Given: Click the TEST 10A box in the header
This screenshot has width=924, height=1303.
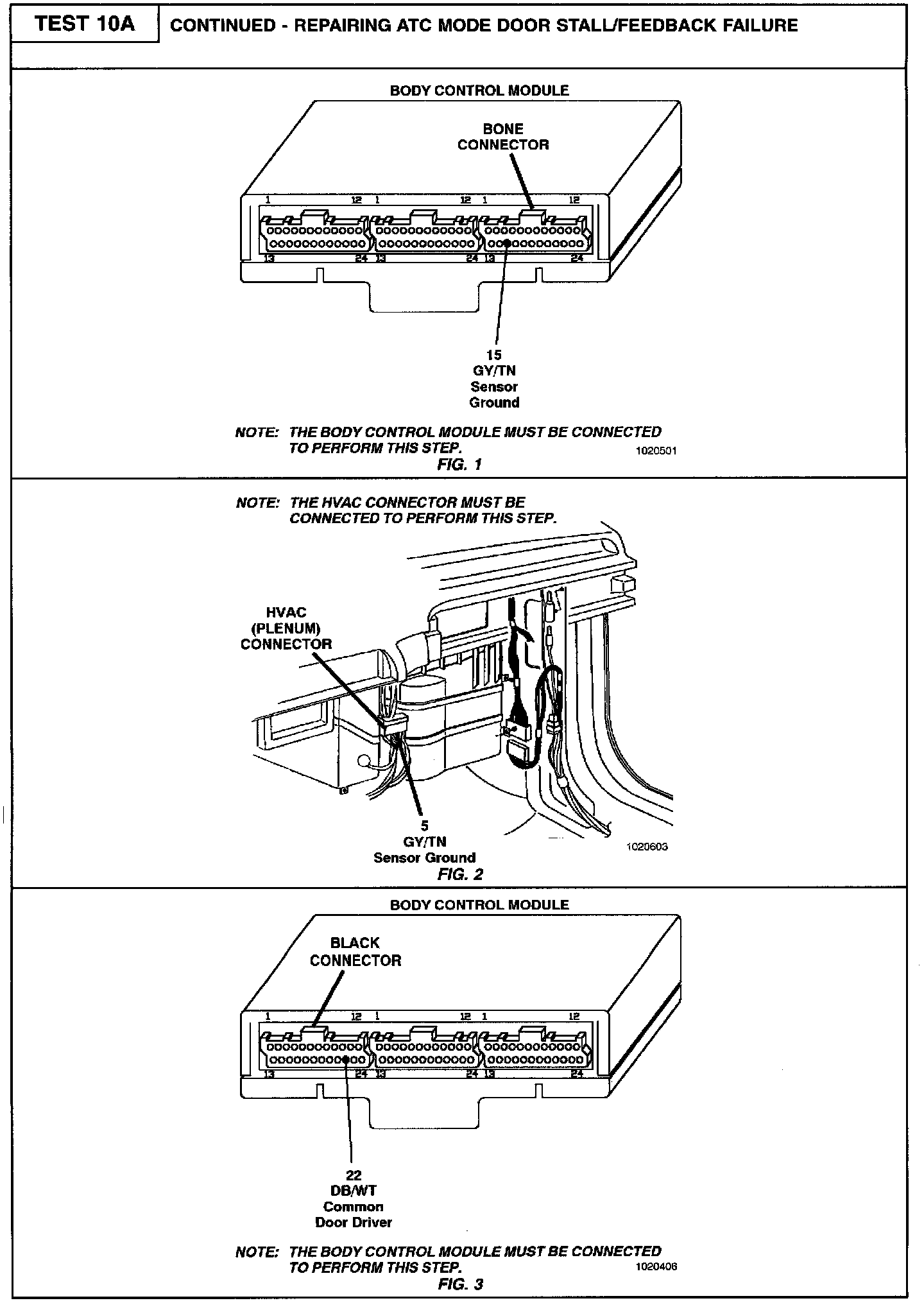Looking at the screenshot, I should coord(85,24).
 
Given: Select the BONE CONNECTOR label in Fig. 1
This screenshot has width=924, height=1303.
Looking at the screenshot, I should coord(503,137).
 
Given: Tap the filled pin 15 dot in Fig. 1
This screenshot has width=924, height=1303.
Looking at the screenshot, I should coord(507,243).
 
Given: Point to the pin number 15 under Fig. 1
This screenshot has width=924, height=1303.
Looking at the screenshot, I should coord(494,355).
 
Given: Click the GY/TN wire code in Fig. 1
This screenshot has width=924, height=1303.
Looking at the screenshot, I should coord(494,371).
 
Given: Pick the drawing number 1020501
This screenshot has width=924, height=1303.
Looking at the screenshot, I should coord(656,451).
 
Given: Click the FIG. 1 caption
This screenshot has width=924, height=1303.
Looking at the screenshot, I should coord(459,464).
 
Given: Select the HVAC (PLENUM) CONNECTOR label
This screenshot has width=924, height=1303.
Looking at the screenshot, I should coord(286,628).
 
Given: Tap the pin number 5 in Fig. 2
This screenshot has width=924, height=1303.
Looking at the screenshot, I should coord(424,826).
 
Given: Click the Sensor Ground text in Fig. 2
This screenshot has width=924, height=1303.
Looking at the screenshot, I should coord(424,858).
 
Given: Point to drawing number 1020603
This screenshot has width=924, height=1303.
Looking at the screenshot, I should coord(647,847).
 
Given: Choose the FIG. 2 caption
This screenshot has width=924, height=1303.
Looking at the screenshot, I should coord(460,874).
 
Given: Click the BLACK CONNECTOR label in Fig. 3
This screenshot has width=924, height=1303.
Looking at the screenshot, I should coord(355,952).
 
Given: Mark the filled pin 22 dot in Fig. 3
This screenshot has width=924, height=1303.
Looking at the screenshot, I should coord(346,1059).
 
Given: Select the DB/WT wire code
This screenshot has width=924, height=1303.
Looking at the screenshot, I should coord(354,1191).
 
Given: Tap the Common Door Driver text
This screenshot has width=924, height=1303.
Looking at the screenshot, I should coord(354,1214).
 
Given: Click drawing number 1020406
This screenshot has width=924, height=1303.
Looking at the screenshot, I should coord(656,1267).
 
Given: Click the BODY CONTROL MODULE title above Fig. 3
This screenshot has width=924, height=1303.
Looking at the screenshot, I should coord(479,905).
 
